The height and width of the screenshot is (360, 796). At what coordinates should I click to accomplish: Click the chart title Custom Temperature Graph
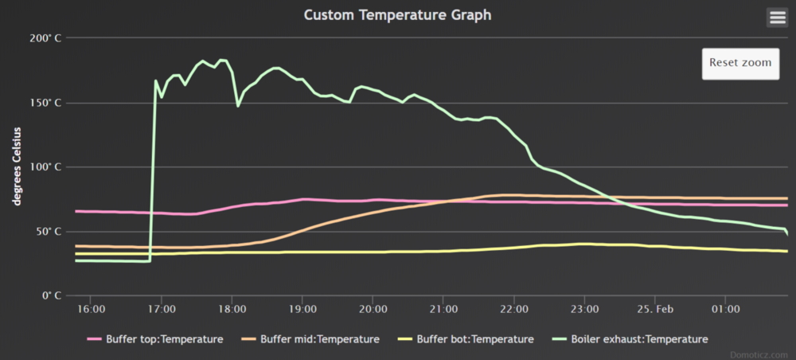click(397, 15)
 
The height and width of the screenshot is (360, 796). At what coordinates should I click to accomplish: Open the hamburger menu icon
click(777, 17)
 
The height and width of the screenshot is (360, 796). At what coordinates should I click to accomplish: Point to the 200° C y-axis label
click(45, 38)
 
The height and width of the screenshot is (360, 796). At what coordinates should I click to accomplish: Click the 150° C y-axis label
click(45, 103)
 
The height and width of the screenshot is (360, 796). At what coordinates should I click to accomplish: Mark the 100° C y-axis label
click(45, 167)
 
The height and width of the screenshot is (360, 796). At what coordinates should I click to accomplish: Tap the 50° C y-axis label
click(48, 232)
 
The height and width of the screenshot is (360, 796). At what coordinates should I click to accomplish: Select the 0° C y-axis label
click(51, 296)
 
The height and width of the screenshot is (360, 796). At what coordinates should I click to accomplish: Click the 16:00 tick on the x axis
click(91, 308)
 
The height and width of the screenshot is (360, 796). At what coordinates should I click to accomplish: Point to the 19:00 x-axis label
click(302, 308)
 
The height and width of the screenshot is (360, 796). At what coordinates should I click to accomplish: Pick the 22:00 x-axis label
click(514, 308)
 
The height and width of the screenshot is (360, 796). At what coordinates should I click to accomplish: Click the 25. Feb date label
click(655, 308)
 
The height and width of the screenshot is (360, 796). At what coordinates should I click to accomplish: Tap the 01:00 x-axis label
click(726, 308)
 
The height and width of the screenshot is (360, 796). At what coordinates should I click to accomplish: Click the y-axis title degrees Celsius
click(16, 166)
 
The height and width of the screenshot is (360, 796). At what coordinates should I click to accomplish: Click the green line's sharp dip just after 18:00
click(238, 105)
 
